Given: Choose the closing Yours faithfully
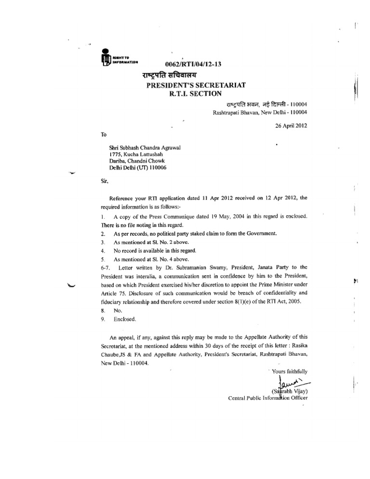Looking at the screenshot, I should (288, 371).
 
